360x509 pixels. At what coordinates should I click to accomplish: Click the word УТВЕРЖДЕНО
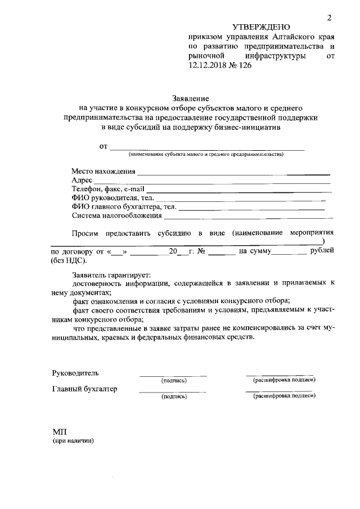262,27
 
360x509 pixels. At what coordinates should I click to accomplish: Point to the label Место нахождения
103,171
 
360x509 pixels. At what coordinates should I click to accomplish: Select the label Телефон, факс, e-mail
108,189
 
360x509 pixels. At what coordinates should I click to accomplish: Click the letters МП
59,432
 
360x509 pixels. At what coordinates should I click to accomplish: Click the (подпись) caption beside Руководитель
173,380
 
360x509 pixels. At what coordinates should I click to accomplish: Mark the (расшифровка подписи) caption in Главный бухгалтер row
283,396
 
